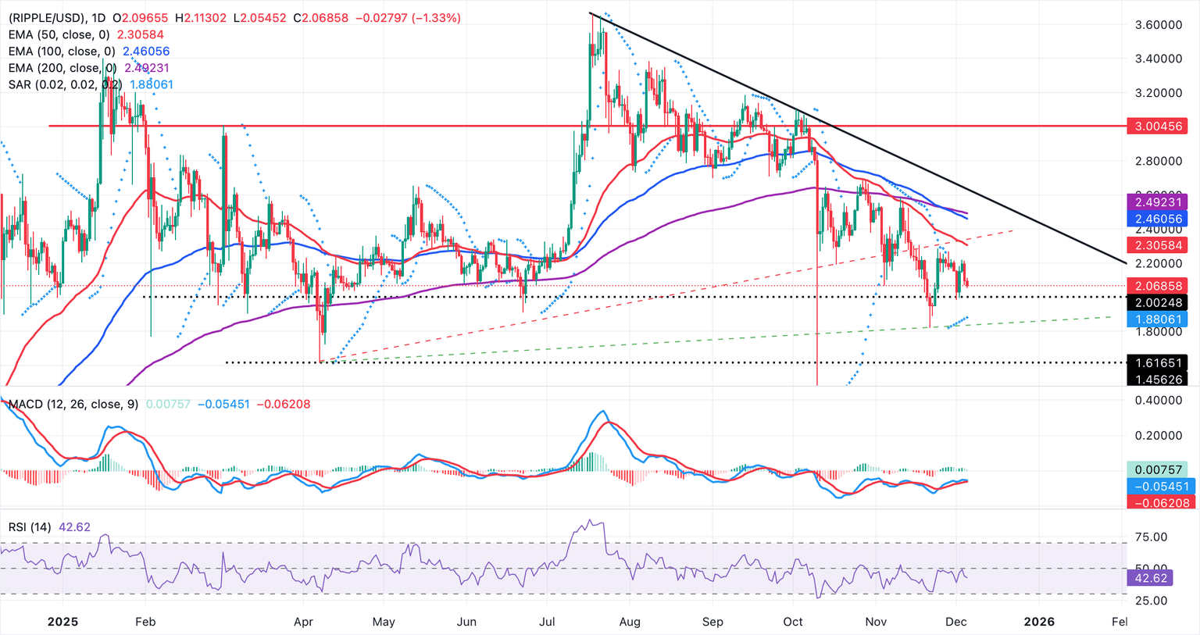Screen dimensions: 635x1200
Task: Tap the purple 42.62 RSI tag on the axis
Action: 1148,578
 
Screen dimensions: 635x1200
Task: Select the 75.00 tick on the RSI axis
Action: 1151,537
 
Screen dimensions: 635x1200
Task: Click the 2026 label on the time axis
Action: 1038,622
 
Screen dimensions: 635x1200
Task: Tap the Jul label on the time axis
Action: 547,622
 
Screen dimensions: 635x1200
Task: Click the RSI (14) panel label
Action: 30,527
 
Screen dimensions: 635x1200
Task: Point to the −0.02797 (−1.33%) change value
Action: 408,17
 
